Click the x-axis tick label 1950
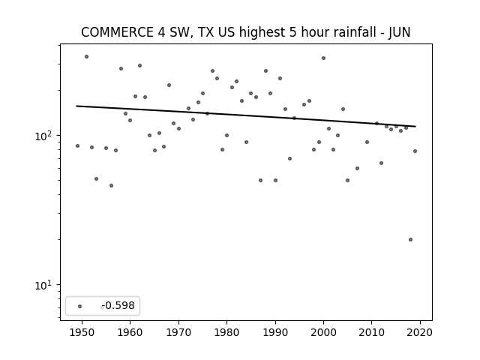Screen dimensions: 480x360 coord(82,332)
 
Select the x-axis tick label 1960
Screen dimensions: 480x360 coord(130,332)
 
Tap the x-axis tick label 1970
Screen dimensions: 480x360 coord(178,332)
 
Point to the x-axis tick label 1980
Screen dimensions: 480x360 coord(226,332)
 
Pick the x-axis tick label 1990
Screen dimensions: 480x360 coord(275,332)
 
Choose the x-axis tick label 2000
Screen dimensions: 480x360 coord(323,332)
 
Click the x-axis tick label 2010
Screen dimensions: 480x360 coord(372,332)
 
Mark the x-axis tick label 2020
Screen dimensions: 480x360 coord(420,332)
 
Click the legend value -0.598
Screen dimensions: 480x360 coord(118,305)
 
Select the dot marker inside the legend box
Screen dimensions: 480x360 coord(80,306)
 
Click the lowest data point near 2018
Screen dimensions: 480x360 coord(410,240)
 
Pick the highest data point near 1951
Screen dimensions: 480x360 coord(87,57)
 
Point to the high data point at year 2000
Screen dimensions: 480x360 coord(323,58)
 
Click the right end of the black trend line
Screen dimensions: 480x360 coord(415,126)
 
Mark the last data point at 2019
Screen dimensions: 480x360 coord(415,151)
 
